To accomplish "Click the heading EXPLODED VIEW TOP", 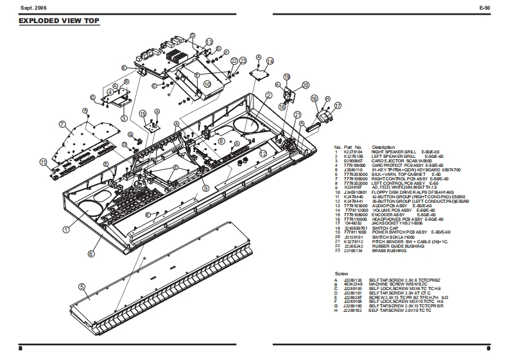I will pos(60,21).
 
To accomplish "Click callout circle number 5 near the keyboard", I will pos(82,287).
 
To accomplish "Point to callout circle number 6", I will pos(91,253).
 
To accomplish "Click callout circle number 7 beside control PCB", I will pos(63,124).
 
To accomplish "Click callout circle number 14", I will pos(270,62).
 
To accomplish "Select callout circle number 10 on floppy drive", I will pos(207,83).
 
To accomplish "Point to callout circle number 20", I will pos(305,85).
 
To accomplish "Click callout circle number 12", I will pos(263,154).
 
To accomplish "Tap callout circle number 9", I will pos(205,187).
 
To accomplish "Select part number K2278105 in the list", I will pos(353,156).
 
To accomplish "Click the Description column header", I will pos(383,147).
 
